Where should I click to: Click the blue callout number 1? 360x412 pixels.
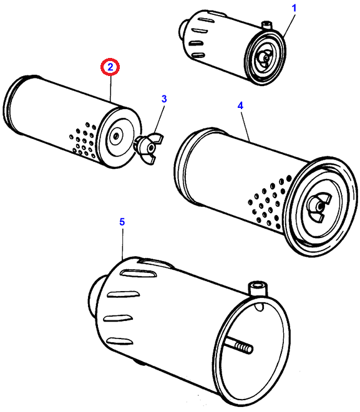pyautogui.click(x=294, y=8)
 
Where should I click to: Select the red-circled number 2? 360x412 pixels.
pyautogui.click(x=110, y=67)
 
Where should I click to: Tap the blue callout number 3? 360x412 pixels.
pyautogui.click(x=164, y=99)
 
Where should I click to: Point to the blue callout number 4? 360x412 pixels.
pyautogui.click(x=240, y=105)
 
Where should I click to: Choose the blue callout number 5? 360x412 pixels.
pyautogui.click(x=122, y=222)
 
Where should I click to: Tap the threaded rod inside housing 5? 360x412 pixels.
pyautogui.click(x=239, y=346)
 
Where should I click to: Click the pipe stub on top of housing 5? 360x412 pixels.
pyautogui.click(x=258, y=289)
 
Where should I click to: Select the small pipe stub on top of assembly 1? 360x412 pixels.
pyautogui.click(x=266, y=26)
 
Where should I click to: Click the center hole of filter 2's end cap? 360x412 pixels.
pyautogui.click(x=115, y=136)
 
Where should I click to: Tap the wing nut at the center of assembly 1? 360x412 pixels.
pyautogui.click(x=265, y=58)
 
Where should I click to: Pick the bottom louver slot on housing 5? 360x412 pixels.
pyautogui.click(x=120, y=342)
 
